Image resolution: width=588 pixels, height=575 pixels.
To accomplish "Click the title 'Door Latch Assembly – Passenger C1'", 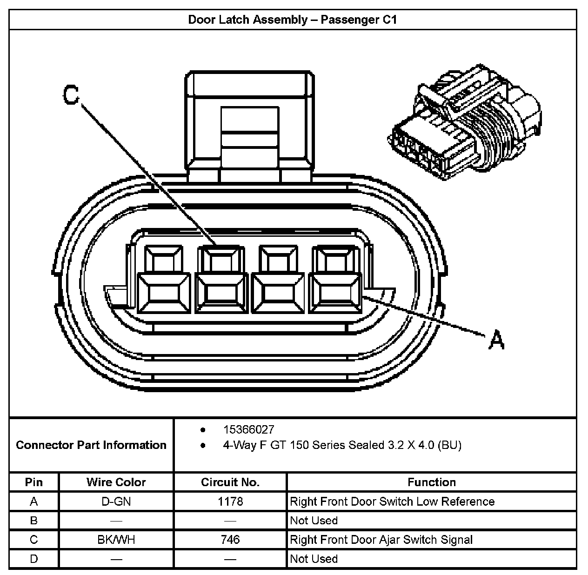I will (292, 20).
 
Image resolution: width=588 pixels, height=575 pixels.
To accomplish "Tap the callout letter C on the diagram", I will (71, 95).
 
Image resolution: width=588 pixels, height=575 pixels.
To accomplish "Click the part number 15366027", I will (248, 429).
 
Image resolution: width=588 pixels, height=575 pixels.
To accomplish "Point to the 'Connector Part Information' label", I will (91, 445).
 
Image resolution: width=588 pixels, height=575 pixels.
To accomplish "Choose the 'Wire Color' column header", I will (116, 482).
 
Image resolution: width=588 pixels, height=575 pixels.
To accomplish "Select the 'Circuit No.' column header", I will (230, 482).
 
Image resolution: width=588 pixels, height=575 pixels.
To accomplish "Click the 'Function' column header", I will (432, 482).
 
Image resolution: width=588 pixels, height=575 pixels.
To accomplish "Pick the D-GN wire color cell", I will (116, 501).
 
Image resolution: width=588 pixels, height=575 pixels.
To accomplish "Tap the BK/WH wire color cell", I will (116, 540).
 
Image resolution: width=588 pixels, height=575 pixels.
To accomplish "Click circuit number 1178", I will (230, 501).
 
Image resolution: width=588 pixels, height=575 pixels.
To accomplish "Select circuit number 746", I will (230, 540).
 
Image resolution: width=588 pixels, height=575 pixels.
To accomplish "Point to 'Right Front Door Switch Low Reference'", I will (392, 501).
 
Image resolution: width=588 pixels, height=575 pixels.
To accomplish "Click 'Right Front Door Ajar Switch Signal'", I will (381, 540).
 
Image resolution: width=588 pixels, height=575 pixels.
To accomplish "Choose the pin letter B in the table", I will (34, 521).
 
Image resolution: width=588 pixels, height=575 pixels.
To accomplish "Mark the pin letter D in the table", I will (34, 559).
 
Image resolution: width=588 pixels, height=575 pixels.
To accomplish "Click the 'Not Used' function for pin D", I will (314, 559).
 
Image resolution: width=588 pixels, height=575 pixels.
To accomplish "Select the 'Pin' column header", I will (34, 482).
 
